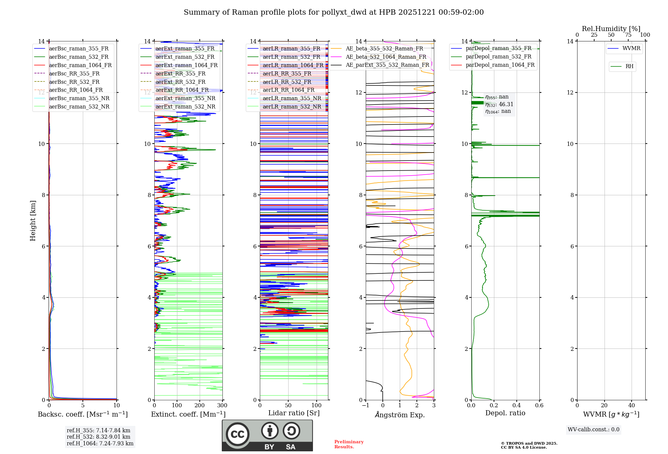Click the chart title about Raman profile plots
334,12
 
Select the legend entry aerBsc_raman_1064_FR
80,65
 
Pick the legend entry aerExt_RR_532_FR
180,82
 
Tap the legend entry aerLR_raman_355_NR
292,98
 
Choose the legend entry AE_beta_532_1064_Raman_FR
386,57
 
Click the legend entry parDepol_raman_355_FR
498,48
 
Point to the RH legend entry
629,66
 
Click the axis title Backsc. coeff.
83,414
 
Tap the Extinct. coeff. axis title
188,414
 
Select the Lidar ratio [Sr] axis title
294,413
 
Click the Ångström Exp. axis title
400,415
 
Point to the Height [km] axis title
33,220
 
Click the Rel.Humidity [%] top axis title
611,29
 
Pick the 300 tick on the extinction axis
222,406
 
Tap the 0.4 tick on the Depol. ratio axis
516,406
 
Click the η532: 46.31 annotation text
499,104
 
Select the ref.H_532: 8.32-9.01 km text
99,437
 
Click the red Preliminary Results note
349,444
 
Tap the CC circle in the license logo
237,434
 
